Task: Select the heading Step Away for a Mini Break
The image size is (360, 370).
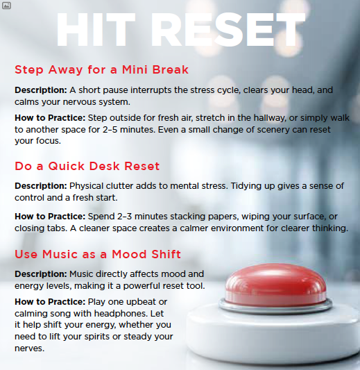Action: (x=101, y=70)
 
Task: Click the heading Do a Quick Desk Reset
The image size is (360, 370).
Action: (x=87, y=166)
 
